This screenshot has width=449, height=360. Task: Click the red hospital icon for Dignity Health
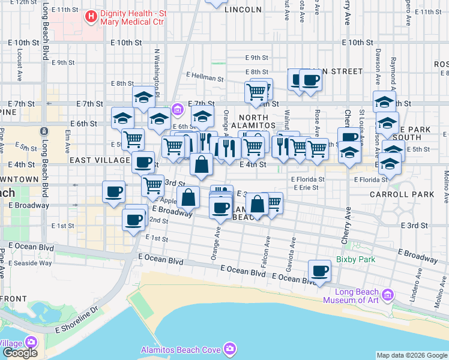pyautogui.click(x=91, y=16)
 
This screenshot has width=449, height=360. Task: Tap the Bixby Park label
pyautogui.click(x=355, y=259)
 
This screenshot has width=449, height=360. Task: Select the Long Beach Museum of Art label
pyautogui.click(x=352, y=295)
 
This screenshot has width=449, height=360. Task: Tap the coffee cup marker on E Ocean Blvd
pyautogui.click(x=320, y=270)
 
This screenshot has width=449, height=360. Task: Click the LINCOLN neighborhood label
pyautogui.click(x=243, y=10)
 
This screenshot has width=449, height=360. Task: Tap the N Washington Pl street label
pyautogui.click(x=156, y=72)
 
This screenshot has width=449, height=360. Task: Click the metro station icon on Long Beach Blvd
pyautogui.click(x=43, y=131)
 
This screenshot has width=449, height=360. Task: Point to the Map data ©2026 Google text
pyautogui.click(x=412, y=355)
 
